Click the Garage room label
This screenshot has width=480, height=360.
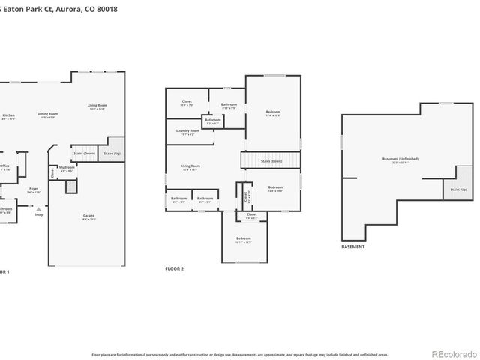point(88,217)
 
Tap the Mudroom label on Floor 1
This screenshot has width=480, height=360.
point(66,169)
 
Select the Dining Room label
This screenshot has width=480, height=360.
point(48,115)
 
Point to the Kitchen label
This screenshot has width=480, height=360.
point(7,116)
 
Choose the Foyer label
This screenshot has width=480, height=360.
point(34,190)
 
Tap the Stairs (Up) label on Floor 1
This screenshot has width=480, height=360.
point(112,153)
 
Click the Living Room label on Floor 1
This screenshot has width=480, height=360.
point(97,107)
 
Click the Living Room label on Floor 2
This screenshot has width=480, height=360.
point(189,167)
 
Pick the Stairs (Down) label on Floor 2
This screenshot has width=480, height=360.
point(271,160)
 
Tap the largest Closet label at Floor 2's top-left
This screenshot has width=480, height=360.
point(187,103)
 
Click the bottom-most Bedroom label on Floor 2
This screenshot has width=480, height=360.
point(243,239)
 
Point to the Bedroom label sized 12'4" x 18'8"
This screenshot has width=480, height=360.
point(272,114)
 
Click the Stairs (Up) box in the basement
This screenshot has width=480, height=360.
point(458,190)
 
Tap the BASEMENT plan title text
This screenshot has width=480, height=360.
point(352,247)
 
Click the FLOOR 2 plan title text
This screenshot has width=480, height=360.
point(174,268)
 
